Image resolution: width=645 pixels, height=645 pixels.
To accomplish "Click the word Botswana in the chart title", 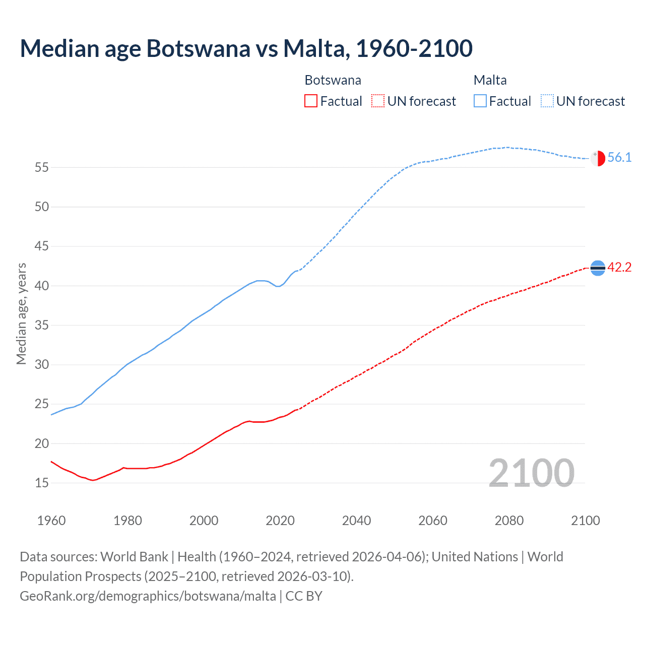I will (x=198, y=49).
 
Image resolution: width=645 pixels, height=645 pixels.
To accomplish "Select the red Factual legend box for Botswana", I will (x=311, y=101).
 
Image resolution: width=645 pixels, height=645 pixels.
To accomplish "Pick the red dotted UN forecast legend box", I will (x=378, y=101).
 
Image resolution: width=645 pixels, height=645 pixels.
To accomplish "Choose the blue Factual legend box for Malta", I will (x=480, y=101).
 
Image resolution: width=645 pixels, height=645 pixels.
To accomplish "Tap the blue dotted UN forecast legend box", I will (x=547, y=101).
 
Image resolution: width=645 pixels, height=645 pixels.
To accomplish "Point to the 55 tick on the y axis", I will (x=42, y=167).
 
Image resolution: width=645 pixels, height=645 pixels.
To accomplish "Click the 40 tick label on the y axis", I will (x=42, y=286).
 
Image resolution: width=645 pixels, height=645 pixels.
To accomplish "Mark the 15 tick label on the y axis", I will (x=42, y=483).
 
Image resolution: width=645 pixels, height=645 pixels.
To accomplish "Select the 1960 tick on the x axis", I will (x=51, y=521).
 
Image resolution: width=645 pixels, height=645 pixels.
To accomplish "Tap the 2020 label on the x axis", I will (x=280, y=521).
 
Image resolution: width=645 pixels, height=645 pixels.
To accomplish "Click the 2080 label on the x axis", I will (x=509, y=521).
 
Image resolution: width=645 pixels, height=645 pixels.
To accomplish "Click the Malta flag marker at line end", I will (x=598, y=158).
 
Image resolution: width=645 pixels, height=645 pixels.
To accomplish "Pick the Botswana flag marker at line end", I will (x=598, y=268).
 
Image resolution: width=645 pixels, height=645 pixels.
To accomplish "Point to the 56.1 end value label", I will (x=619, y=158).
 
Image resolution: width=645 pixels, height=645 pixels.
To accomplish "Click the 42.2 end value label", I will (x=619, y=268).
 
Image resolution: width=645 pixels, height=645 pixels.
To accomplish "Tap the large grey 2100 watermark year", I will (x=531, y=473).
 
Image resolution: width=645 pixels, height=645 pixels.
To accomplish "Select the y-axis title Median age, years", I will (x=21, y=313).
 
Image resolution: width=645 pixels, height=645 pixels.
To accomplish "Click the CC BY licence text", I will (x=304, y=596).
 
